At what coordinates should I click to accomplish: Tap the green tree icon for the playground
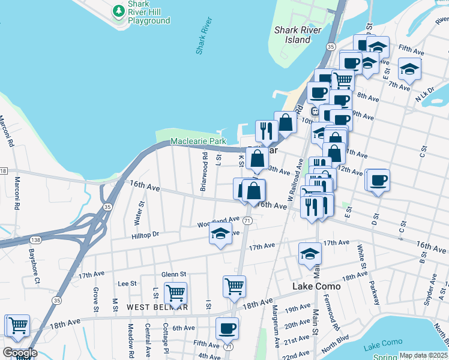coord(119,10)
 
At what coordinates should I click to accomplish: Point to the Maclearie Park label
coord(198,142)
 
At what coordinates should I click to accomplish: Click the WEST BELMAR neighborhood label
coord(157,307)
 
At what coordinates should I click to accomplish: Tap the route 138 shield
coord(35,239)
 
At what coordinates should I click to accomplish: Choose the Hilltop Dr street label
coord(144,235)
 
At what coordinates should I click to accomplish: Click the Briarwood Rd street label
coord(204,171)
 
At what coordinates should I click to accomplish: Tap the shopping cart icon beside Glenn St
coord(175,293)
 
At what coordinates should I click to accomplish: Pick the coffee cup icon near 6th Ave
coord(227,328)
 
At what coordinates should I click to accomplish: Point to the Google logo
coord(20,353)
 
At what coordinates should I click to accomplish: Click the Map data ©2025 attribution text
coord(423,355)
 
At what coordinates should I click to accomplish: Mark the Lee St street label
coord(127,283)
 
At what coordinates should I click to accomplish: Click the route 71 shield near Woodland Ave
coord(247,221)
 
